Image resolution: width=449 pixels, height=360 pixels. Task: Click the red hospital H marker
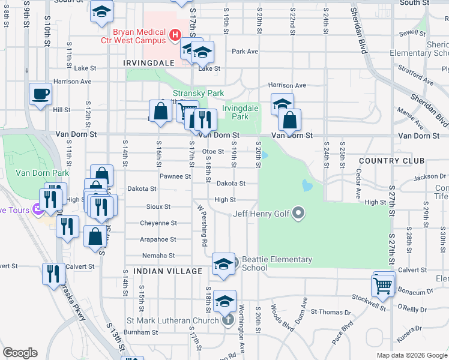click(175, 35)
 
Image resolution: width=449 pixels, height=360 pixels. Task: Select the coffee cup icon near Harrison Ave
click(41, 94)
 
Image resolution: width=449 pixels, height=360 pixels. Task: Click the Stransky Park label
click(198, 93)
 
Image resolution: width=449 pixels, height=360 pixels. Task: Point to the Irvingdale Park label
click(235, 112)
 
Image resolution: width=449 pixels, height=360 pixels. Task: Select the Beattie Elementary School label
click(277, 263)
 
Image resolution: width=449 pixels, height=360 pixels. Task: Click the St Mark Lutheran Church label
click(175, 320)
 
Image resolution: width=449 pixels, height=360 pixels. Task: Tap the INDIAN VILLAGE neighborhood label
click(167, 271)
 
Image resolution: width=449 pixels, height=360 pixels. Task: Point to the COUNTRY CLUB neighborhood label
click(391, 161)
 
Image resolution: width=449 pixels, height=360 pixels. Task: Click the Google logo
click(20, 353)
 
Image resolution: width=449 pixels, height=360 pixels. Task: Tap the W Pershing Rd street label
click(201, 226)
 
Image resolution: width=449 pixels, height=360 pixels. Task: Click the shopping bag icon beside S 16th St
click(161, 112)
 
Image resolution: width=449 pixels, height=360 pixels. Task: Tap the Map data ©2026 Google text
click(411, 355)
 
